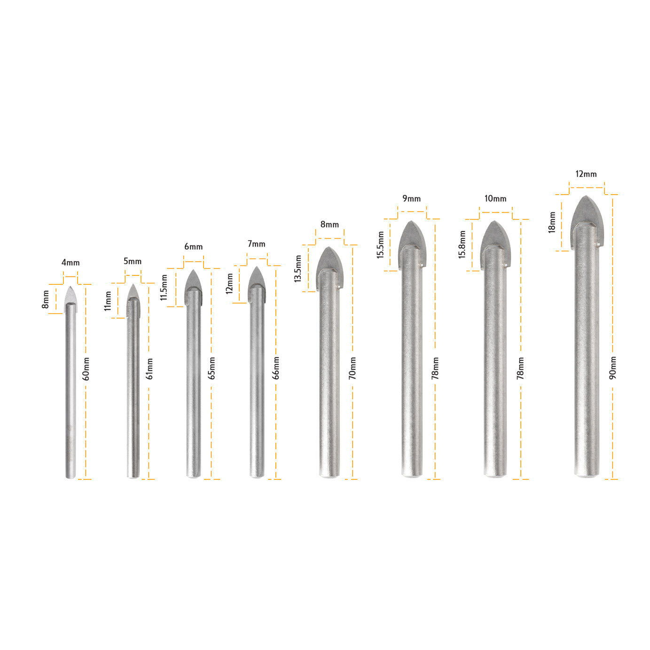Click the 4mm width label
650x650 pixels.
(x=70, y=263)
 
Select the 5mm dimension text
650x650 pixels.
(x=133, y=261)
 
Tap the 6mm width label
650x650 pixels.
(x=193, y=247)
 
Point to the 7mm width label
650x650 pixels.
(x=257, y=244)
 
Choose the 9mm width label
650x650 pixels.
(x=412, y=199)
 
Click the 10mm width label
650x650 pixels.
(x=495, y=199)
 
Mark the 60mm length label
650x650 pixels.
(x=86, y=369)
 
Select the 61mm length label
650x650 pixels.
(x=149, y=369)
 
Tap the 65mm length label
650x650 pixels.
(x=212, y=368)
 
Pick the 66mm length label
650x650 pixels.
(x=276, y=368)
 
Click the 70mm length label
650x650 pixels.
(x=352, y=368)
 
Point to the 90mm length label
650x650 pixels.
(x=613, y=368)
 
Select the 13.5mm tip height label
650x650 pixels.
(x=298, y=269)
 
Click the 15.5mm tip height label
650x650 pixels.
(x=381, y=245)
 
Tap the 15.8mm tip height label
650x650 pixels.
(x=462, y=245)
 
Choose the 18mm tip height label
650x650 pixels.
(x=552, y=222)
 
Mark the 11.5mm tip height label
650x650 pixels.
(x=164, y=288)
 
